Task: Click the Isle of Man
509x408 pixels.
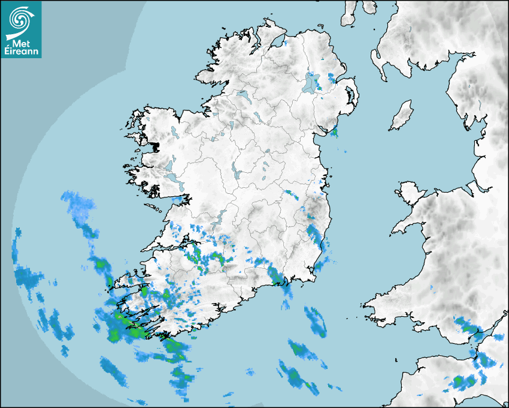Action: (402, 116)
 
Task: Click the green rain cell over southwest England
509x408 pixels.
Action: (460, 380)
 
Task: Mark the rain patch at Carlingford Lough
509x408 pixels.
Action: (334, 131)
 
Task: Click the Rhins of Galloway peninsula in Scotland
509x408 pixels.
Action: (375, 60)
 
